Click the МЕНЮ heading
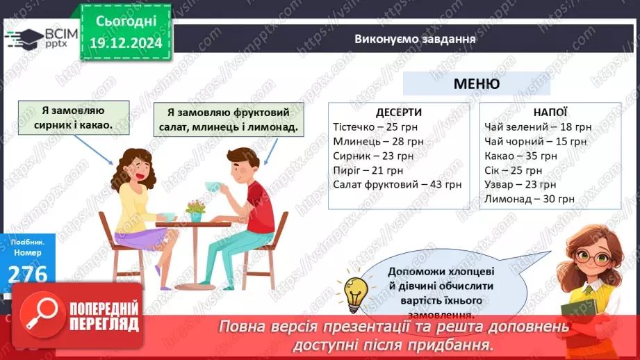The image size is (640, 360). [x=476, y=84]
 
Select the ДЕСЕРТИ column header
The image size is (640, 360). [x=398, y=113]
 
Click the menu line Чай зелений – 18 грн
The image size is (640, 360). [x=538, y=127]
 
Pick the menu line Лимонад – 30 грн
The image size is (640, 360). [x=529, y=199]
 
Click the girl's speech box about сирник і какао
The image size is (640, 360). [x=73, y=117]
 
